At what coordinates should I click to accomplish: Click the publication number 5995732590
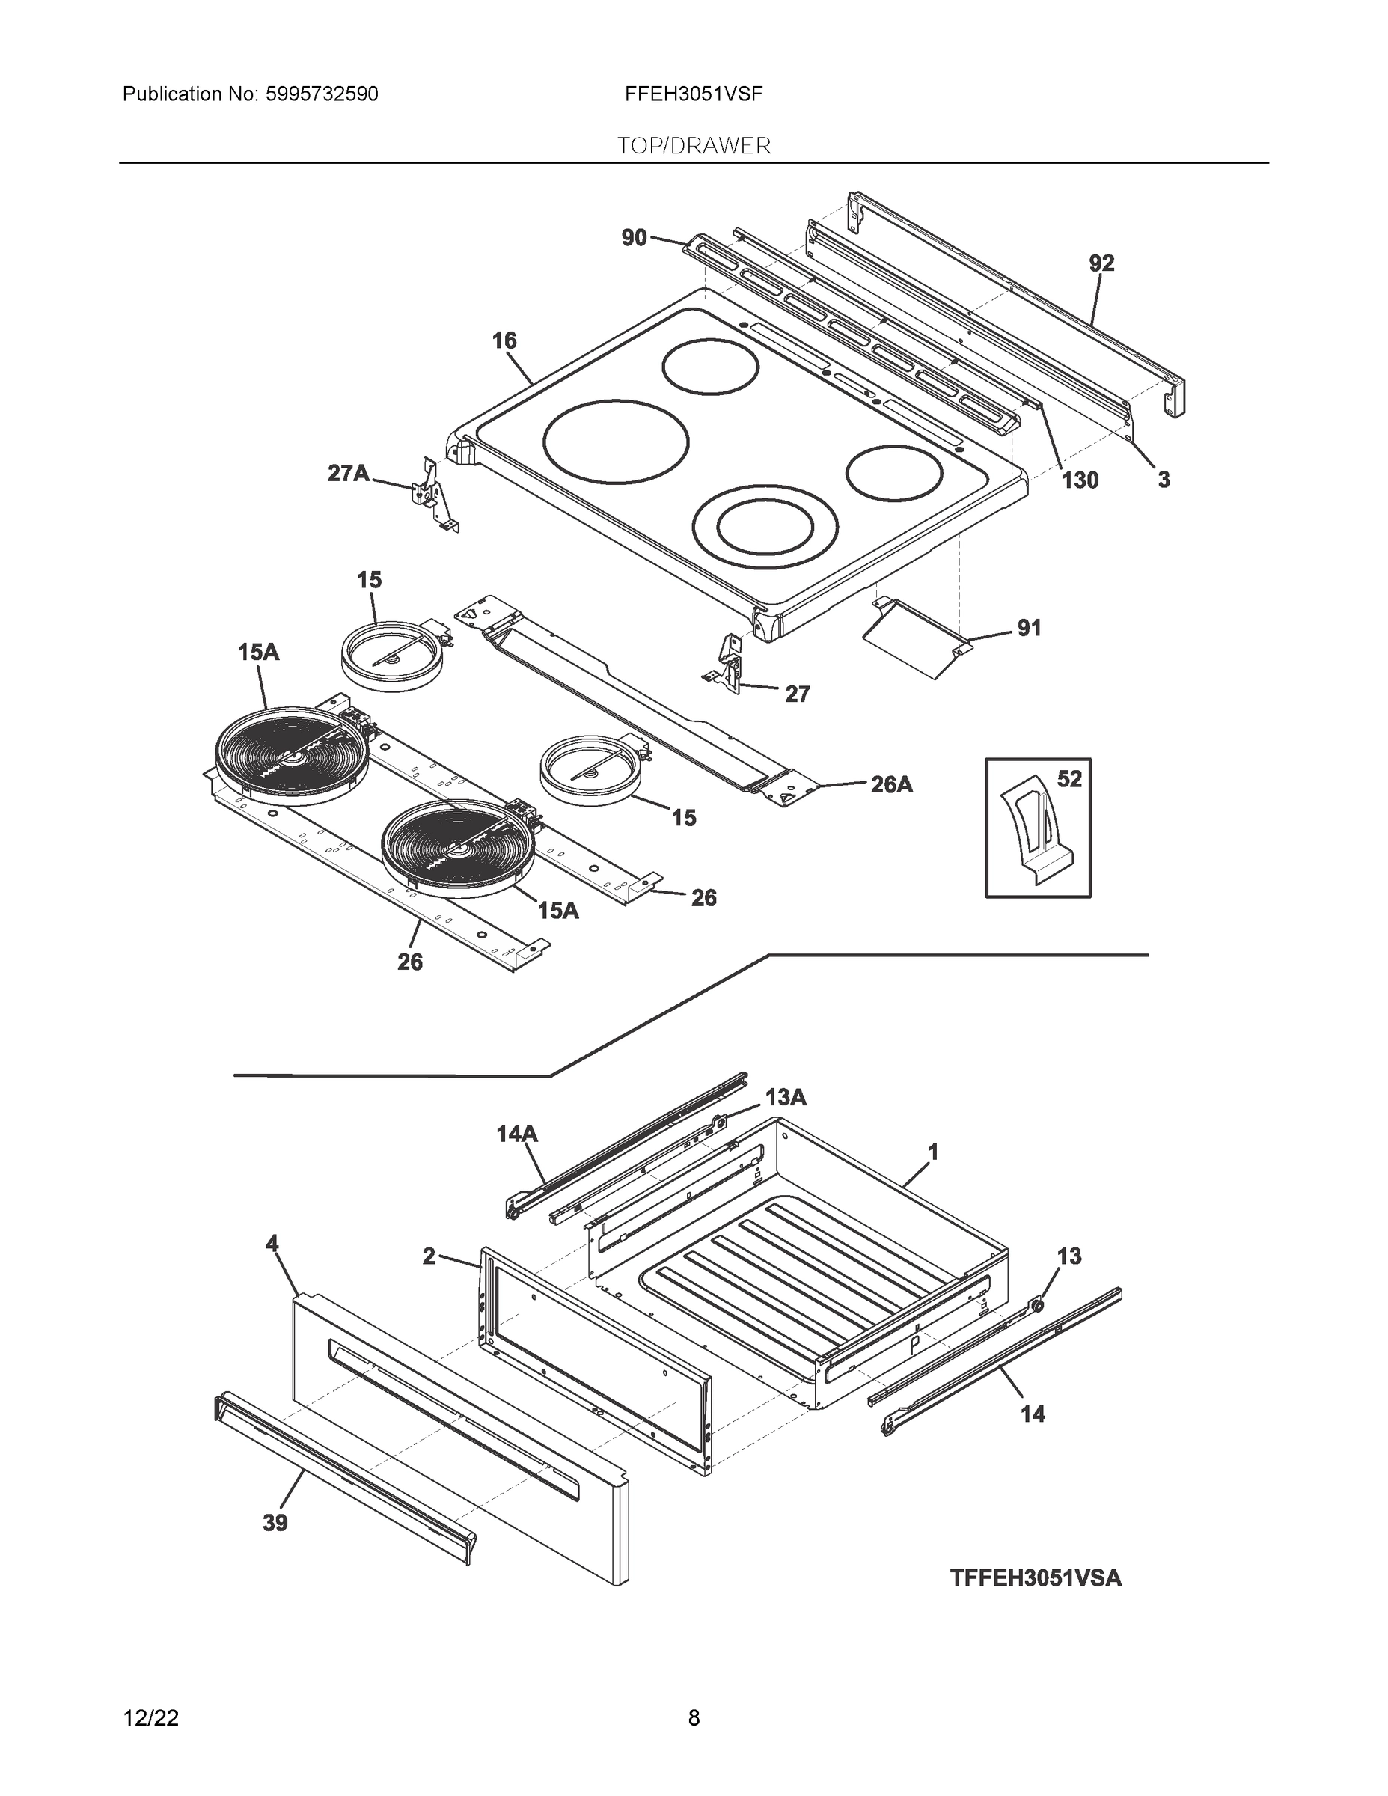(x=322, y=94)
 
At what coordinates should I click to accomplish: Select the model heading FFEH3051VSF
(x=693, y=94)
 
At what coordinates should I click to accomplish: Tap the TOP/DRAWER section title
(x=694, y=146)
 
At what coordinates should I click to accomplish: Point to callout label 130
(x=1079, y=480)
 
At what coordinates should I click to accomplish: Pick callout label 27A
(x=349, y=473)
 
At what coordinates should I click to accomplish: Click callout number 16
(x=504, y=340)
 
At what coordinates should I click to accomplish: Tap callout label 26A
(x=891, y=784)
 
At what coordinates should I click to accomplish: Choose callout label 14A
(x=516, y=1134)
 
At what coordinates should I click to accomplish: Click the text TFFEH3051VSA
(x=1036, y=1578)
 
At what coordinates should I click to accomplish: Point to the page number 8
(x=693, y=1717)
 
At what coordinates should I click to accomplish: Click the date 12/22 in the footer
(x=150, y=1717)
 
